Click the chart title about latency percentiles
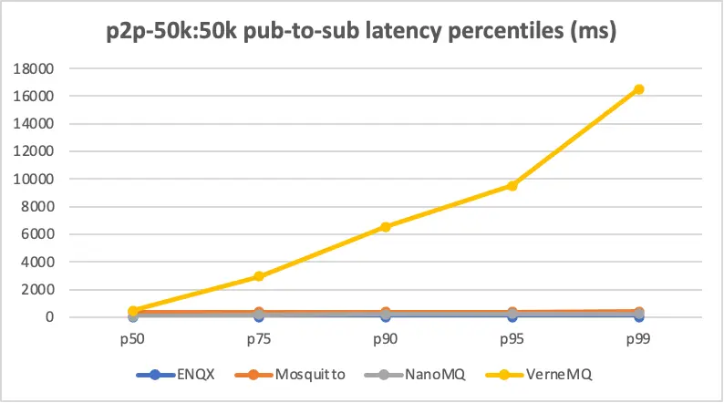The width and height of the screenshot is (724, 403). [x=361, y=34]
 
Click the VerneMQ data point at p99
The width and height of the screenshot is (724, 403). [x=639, y=88]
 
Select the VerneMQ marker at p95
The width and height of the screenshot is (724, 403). [x=512, y=185]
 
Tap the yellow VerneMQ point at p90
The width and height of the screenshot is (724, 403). [x=386, y=226]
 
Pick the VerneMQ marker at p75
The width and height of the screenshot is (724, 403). [x=259, y=276]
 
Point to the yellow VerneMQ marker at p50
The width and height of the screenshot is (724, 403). [x=133, y=311]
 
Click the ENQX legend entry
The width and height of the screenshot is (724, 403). [x=181, y=375]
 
